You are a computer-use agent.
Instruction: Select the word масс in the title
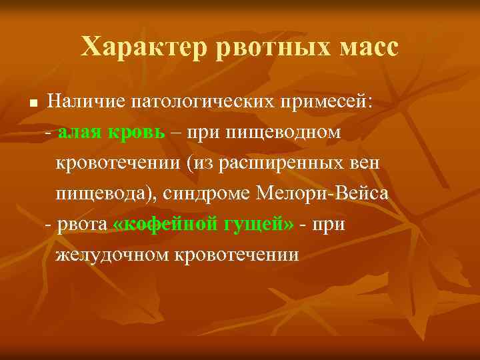tap(362, 47)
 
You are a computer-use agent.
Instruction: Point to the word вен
tap(367, 163)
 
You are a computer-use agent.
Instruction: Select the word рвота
tap(83, 225)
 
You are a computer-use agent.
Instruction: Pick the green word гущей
tap(257, 225)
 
